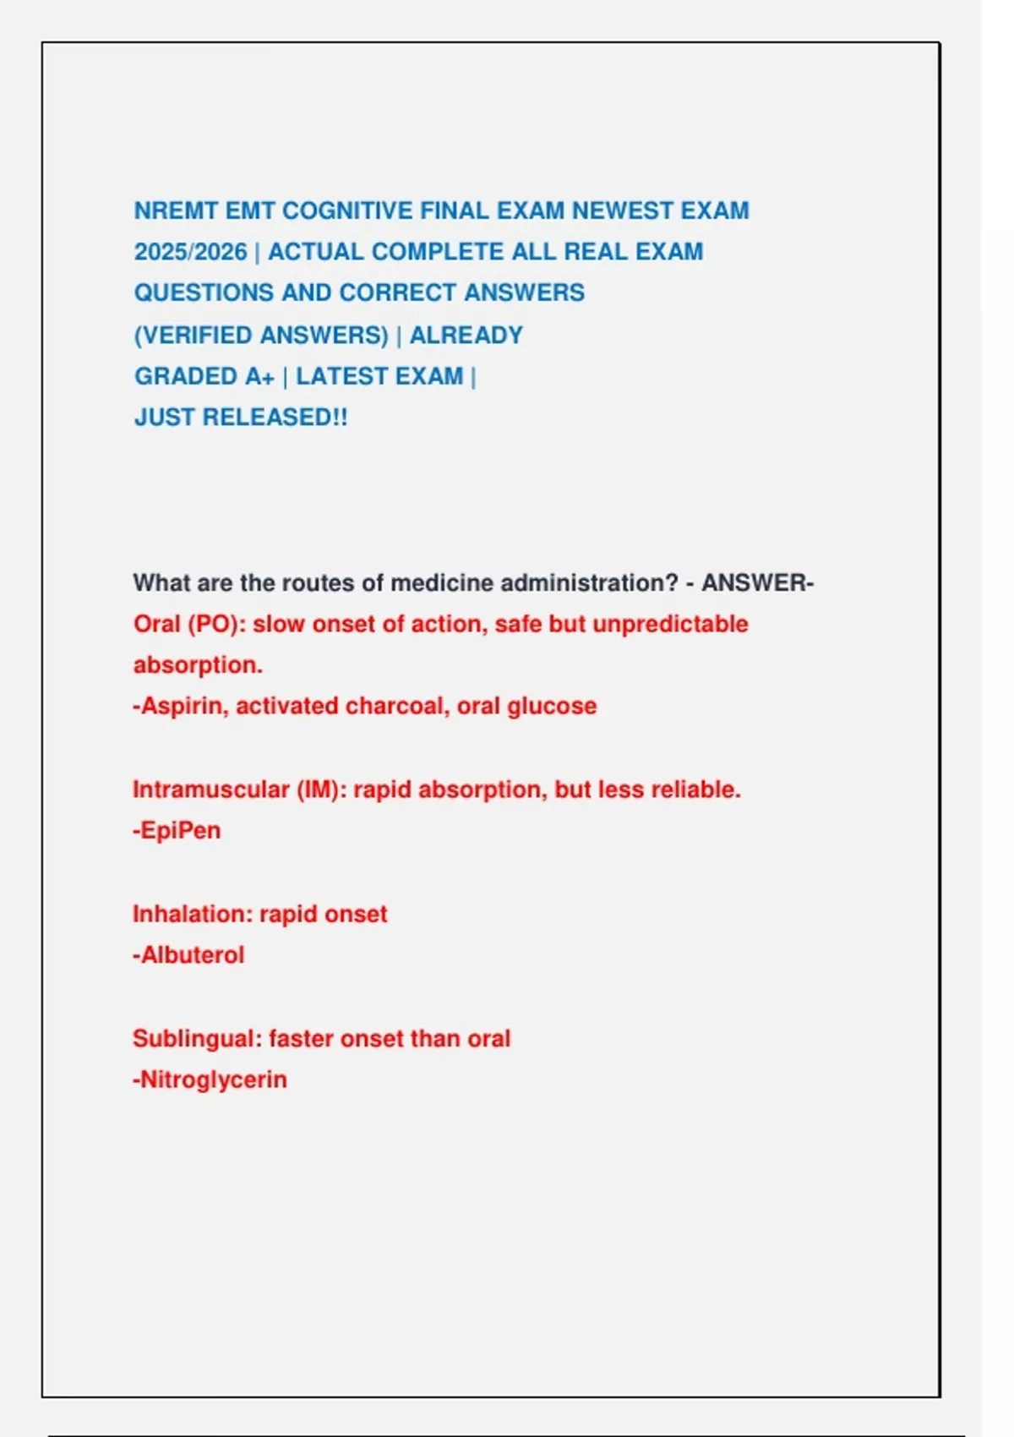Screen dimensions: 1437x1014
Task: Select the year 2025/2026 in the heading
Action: (x=190, y=252)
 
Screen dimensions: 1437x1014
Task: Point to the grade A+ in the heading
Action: (x=259, y=376)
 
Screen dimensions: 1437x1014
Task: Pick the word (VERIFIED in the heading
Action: (x=194, y=336)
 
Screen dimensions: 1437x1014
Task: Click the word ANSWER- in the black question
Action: (x=757, y=583)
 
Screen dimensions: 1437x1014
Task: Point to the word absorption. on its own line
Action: (x=198, y=665)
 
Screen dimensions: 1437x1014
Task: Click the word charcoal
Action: (x=397, y=706)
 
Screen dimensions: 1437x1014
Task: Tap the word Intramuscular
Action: (x=210, y=790)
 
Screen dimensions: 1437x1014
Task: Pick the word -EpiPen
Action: (x=177, y=831)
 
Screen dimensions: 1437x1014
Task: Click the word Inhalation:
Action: (x=192, y=914)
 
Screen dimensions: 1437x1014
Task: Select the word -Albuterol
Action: (x=188, y=955)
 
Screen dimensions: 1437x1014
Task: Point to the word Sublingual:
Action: (x=197, y=1038)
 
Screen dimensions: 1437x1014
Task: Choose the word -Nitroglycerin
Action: (x=210, y=1079)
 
